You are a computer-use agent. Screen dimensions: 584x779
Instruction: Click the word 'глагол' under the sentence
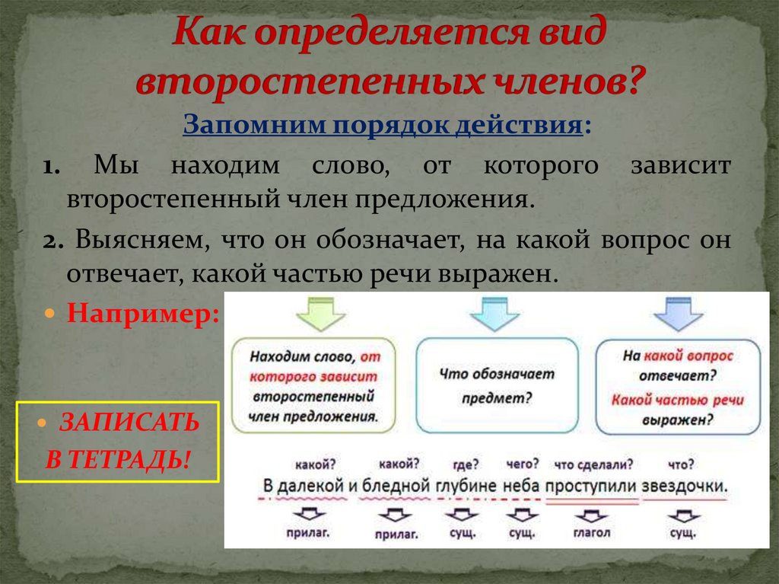pyautogui.click(x=591, y=533)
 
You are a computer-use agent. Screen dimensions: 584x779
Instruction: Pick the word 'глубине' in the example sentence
pyautogui.click(x=466, y=485)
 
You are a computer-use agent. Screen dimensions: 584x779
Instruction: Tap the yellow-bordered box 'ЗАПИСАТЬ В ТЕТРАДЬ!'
pyautogui.click(x=118, y=442)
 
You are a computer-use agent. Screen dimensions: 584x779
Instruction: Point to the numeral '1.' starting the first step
pyautogui.click(x=53, y=167)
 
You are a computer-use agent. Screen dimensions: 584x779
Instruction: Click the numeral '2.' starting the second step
pyautogui.click(x=52, y=241)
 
